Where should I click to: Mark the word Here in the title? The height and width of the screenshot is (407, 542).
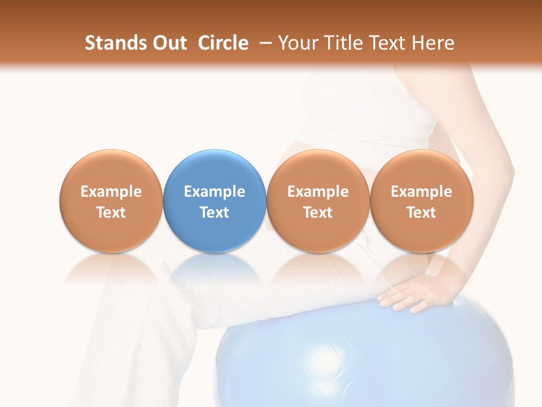[433, 43]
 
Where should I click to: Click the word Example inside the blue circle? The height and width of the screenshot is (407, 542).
[215, 192]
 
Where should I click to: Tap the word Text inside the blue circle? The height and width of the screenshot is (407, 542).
[215, 213]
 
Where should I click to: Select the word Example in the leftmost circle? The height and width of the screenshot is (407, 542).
[111, 192]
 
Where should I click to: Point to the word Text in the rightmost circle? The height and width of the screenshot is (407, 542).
[421, 213]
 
